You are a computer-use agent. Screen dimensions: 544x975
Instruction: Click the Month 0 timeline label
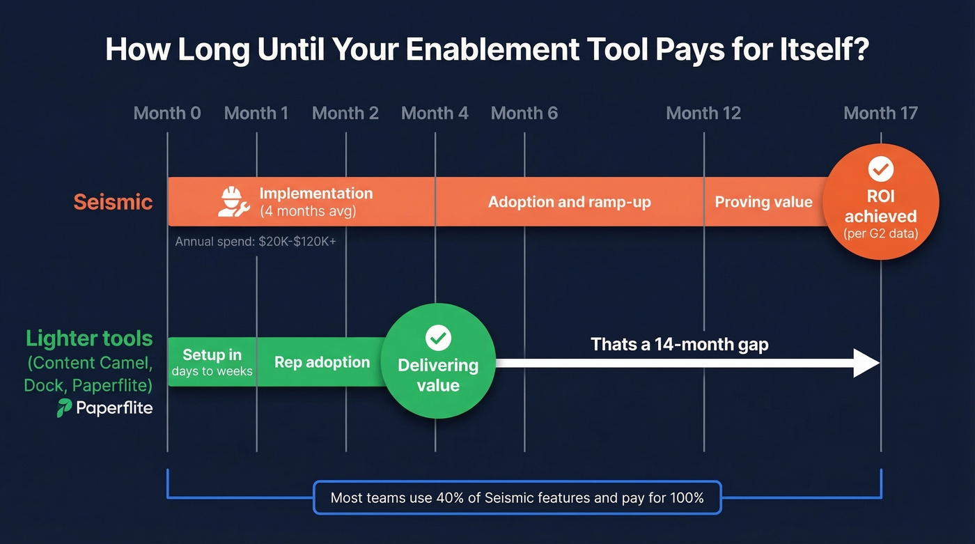(167, 113)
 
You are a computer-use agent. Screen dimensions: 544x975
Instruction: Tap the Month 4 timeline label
(435, 113)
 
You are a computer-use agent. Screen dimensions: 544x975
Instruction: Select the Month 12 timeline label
(703, 113)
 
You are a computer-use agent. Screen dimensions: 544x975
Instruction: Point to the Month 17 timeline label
(880, 113)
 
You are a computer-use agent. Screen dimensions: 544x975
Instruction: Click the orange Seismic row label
(113, 202)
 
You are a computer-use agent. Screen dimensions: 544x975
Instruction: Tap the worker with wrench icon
(233, 201)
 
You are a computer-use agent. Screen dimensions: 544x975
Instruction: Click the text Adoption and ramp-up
(569, 202)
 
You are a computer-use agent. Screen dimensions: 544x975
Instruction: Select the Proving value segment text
(763, 202)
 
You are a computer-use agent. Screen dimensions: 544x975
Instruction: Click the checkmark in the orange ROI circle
(881, 169)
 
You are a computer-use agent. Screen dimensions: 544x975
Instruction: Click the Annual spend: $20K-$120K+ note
(255, 242)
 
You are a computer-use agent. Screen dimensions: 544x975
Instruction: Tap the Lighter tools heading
(89, 339)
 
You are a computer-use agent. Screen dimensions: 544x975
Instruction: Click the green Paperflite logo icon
(65, 408)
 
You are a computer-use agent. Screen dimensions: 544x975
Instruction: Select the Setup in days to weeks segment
(212, 362)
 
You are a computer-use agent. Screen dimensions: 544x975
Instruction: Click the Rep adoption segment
(322, 362)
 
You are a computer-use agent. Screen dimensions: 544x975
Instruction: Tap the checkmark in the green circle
(438, 339)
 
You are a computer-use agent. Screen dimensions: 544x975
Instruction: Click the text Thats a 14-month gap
(679, 344)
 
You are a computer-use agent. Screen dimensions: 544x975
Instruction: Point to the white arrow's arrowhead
(867, 363)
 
